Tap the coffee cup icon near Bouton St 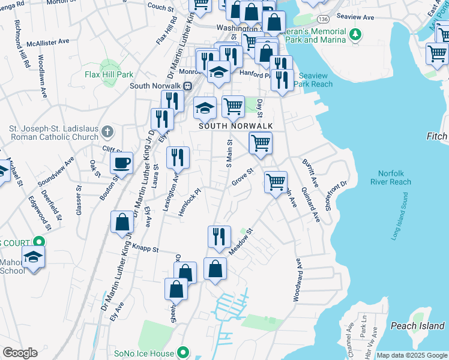click(x=122, y=164)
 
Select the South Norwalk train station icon click(x=187, y=86)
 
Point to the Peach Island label click(x=417, y=326)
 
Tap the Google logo click(x=20, y=353)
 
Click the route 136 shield click(x=323, y=11)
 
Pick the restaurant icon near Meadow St click(x=219, y=236)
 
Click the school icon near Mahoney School click(x=33, y=259)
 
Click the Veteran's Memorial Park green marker click(x=355, y=35)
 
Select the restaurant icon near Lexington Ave click(x=178, y=158)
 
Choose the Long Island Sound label click(x=400, y=217)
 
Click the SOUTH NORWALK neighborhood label click(x=235, y=125)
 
